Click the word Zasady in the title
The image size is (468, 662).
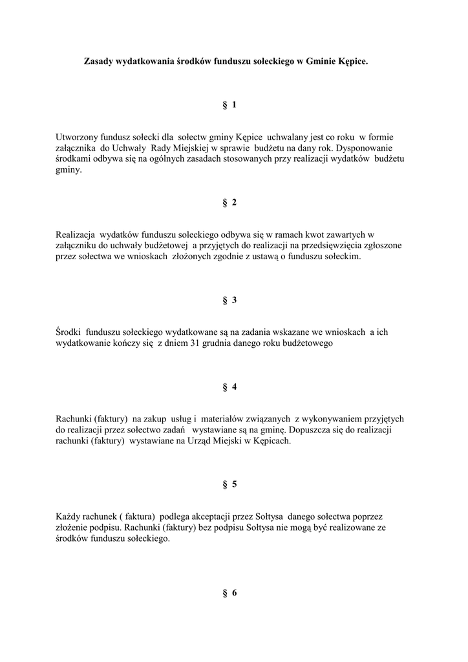(x=99, y=62)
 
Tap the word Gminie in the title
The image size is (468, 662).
(x=321, y=62)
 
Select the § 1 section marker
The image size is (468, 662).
(x=229, y=105)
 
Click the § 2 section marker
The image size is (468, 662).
(x=229, y=202)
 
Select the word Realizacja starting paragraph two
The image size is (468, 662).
(x=76, y=235)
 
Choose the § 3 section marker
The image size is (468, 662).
(x=229, y=300)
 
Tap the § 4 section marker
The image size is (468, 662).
(x=229, y=387)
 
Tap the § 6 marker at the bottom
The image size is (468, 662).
(x=229, y=593)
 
